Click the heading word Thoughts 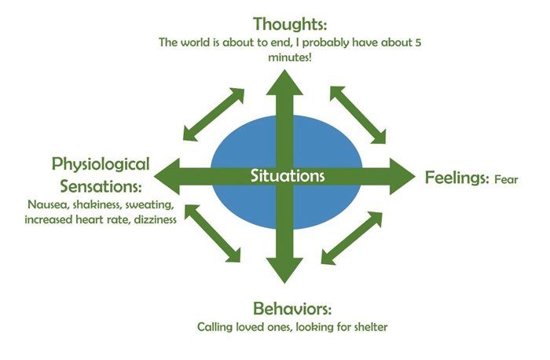(290, 24)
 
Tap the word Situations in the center (288, 176)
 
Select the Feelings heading (457, 178)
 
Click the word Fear (506, 180)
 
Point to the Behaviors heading (292, 309)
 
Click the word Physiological (101, 164)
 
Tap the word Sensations (101, 186)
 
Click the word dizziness (155, 219)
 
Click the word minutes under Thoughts (289, 57)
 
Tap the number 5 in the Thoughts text (418, 42)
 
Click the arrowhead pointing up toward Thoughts (284, 83)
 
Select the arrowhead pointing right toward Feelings (402, 177)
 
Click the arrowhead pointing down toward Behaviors (284, 270)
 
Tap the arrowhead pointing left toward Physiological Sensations (167, 177)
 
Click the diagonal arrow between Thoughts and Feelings (357, 115)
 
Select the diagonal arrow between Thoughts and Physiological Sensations (213, 115)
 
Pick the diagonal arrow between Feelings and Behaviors (351, 238)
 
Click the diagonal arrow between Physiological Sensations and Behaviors (213, 233)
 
